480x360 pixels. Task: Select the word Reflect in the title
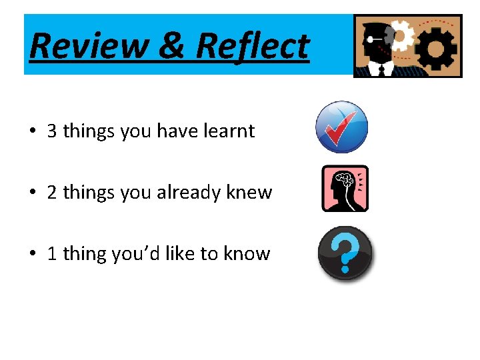[253, 46]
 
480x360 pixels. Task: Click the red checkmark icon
[341, 127]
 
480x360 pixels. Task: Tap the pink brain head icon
[345, 189]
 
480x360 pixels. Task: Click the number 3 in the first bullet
[52, 131]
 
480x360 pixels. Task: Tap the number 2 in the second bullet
[52, 193]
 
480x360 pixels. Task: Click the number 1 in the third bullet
[52, 254]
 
